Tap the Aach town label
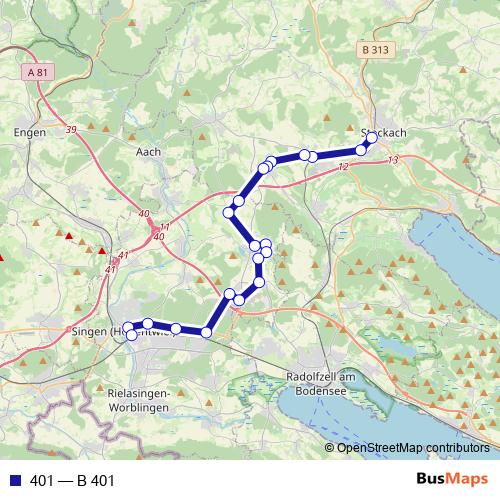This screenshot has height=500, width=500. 147,152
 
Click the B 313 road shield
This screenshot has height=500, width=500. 375,49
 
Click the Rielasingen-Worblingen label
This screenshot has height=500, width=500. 137,402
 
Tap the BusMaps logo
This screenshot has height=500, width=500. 453,480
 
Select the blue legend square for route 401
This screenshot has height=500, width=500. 13,481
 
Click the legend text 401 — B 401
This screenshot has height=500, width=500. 73,481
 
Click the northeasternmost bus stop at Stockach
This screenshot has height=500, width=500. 372,137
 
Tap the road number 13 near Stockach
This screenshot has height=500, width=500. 392,160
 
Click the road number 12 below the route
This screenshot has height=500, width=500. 343,167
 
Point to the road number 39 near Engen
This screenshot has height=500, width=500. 71,130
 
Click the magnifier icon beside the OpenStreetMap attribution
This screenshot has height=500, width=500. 329,447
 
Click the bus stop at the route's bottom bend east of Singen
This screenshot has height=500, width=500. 207,332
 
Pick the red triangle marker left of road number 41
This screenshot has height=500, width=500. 104,251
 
